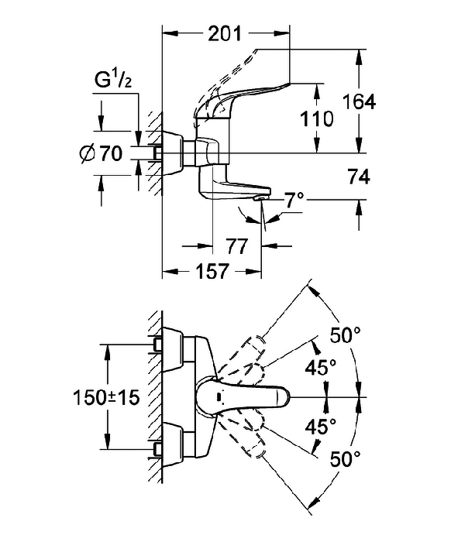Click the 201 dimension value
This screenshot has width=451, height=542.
(x=224, y=34)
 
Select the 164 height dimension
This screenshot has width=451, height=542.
(x=359, y=102)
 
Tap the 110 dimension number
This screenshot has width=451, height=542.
(x=316, y=119)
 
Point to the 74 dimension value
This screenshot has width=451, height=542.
(x=359, y=177)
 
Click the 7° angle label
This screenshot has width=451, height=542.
(x=294, y=200)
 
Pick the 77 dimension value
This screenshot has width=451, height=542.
(x=237, y=246)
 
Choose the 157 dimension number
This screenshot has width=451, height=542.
(x=212, y=271)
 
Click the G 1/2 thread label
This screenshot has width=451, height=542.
(x=113, y=81)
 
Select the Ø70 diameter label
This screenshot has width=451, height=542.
(x=101, y=153)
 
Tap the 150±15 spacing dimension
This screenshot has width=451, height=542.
(x=106, y=397)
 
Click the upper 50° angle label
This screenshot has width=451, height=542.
(x=345, y=334)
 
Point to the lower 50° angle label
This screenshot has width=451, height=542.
(x=345, y=458)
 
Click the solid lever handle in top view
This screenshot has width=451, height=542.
(x=242, y=397)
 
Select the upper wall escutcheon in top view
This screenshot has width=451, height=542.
(x=173, y=349)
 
